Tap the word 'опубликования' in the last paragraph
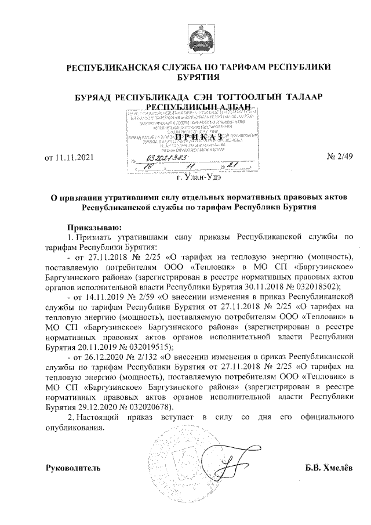click(74, 428)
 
